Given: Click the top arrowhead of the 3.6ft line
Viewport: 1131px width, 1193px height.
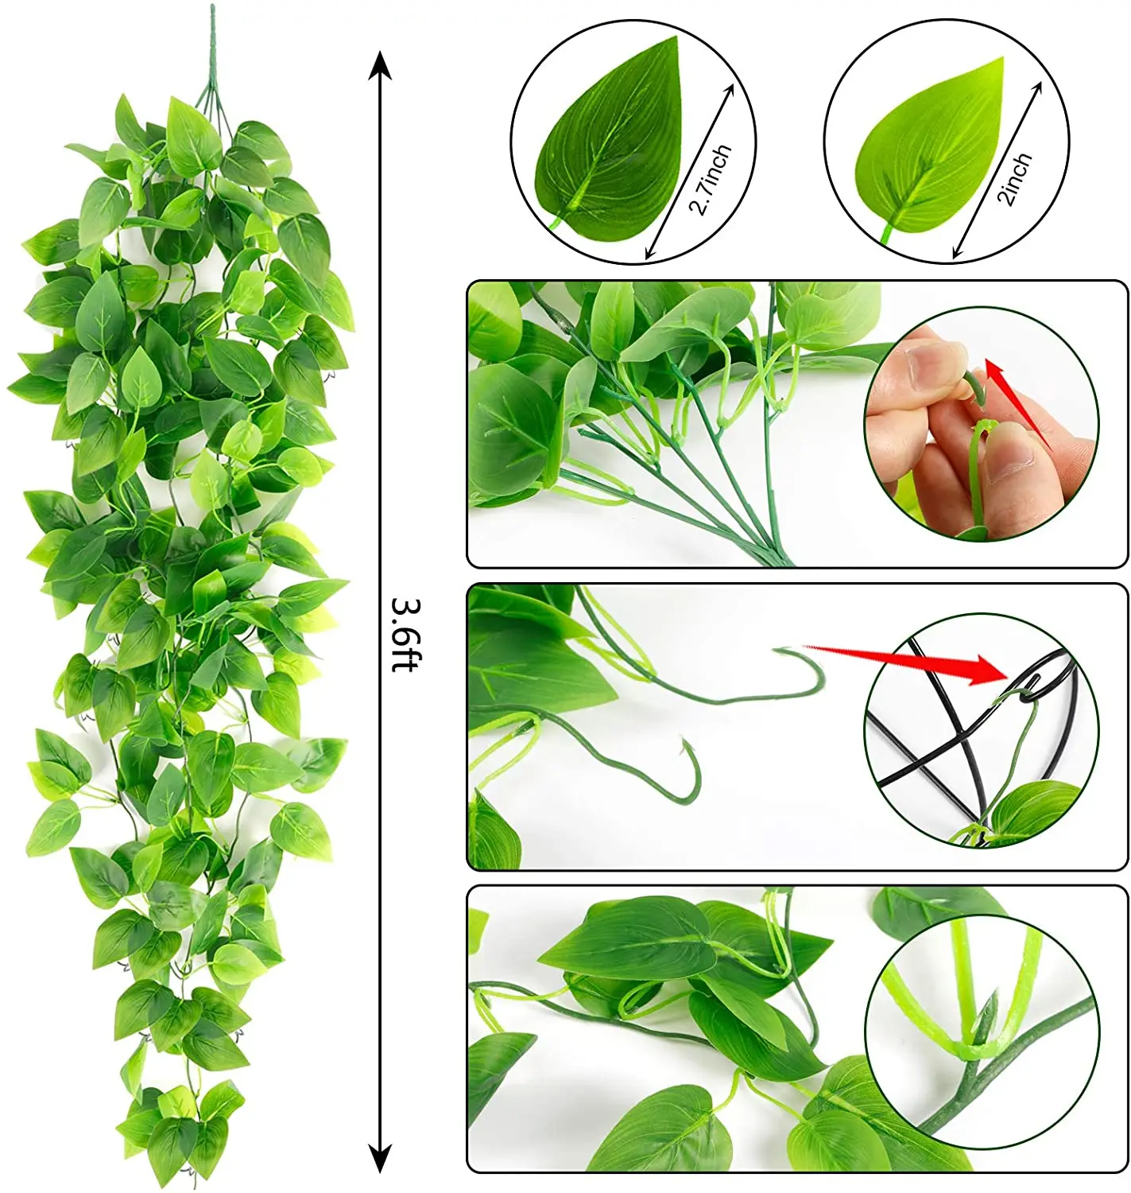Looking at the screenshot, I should (380, 65).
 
